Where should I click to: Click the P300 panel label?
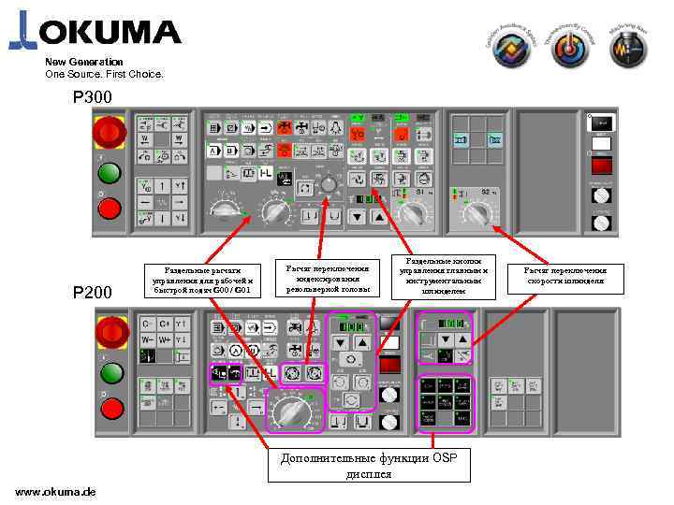click(93, 97)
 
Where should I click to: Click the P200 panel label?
click(93, 293)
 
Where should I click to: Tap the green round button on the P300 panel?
click(110, 174)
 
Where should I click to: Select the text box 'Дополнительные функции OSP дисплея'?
click(369, 465)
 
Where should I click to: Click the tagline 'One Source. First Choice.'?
click(104, 74)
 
